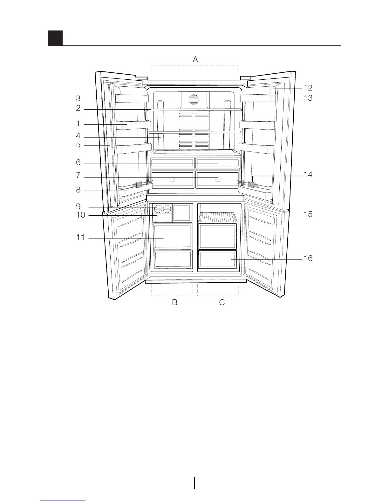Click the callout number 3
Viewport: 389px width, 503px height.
point(78,99)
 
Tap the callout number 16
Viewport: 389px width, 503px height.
point(308,258)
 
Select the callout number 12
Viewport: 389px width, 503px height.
point(308,88)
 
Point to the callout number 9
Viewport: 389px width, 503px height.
point(78,207)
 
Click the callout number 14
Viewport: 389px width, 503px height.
point(308,175)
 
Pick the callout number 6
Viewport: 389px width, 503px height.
point(78,163)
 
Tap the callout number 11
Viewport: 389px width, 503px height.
point(81,237)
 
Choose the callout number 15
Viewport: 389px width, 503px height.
point(308,214)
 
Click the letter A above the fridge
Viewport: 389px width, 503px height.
point(195,59)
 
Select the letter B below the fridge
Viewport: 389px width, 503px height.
point(174,303)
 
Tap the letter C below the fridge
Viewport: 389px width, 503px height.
point(222,303)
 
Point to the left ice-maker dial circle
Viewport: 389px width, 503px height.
point(158,209)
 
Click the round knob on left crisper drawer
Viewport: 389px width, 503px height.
point(172,180)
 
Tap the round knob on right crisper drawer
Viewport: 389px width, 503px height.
point(218,180)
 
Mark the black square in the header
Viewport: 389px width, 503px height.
point(55,38)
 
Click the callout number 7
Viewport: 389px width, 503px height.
point(78,176)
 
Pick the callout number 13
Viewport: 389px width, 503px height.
point(308,98)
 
